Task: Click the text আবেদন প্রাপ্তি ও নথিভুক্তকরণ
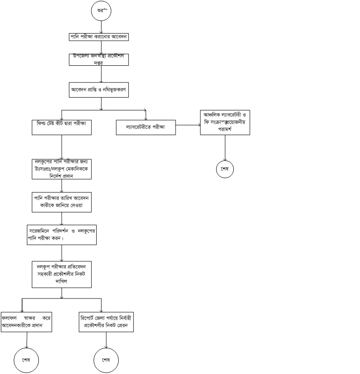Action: pyautogui.click(x=101, y=89)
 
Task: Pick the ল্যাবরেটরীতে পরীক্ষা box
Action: pyautogui.click(x=145, y=128)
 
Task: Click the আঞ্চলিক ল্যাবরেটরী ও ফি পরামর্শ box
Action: pyautogui.click(x=225, y=122)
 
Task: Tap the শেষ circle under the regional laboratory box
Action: pyautogui.click(x=225, y=169)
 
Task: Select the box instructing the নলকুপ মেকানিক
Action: pyautogui.click(x=61, y=169)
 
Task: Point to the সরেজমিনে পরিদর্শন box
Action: pyautogui.click(x=61, y=235)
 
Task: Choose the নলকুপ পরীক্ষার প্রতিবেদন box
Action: pyautogui.click(x=61, y=274)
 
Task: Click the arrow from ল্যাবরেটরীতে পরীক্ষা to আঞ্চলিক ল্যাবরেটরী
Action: pyautogui.click(x=187, y=125)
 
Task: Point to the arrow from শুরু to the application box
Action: pyautogui.click(x=101, y=26)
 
